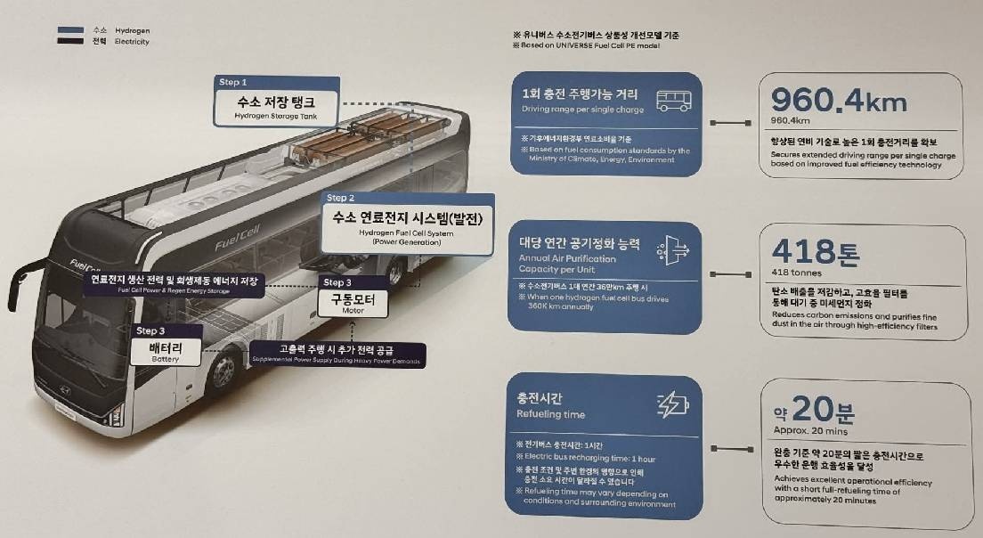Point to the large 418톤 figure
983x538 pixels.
[816, 252]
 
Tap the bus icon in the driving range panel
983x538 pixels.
[673, 101]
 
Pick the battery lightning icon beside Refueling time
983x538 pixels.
[671, 405]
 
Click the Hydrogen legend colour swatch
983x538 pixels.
[70, 29]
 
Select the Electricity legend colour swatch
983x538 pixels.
[70, 41]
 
